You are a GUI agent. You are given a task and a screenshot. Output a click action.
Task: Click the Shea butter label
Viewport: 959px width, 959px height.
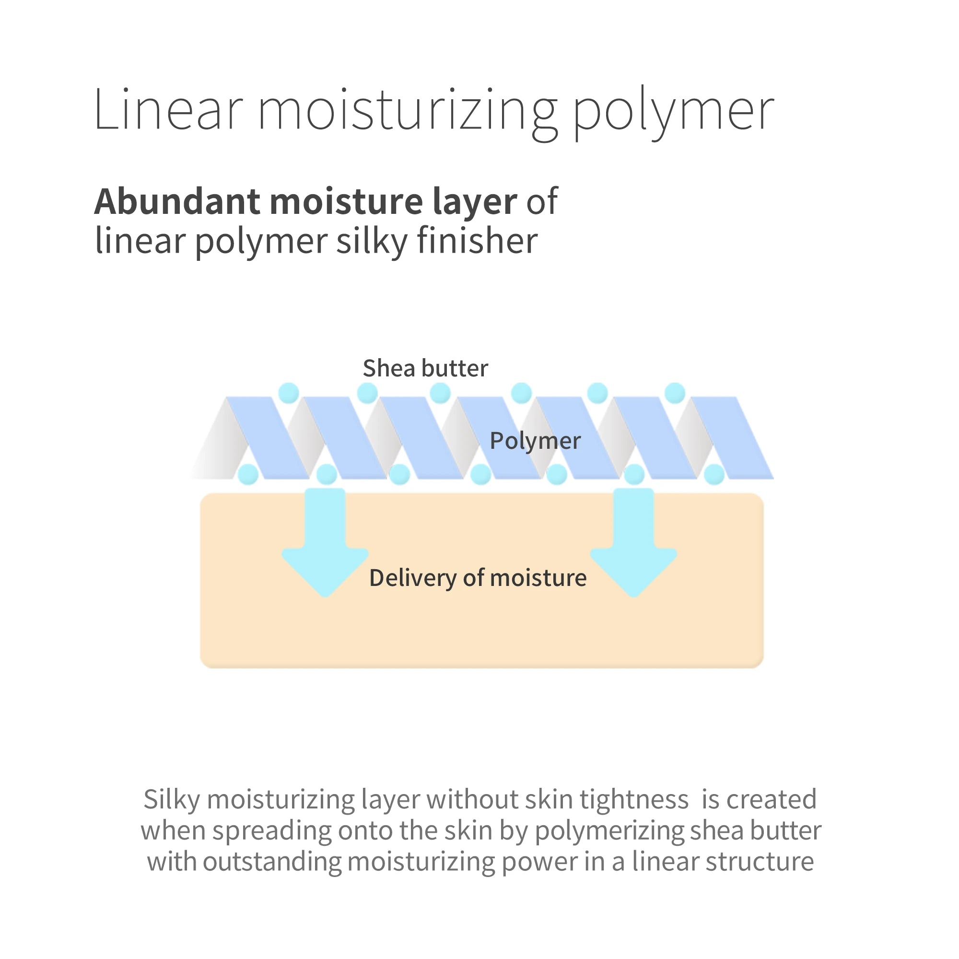(x=425, y=368)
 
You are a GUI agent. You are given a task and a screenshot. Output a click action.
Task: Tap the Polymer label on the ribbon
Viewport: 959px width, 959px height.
(x=535, y=441)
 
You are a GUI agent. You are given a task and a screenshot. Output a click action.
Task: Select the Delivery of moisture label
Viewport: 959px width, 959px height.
(x=478, y=578)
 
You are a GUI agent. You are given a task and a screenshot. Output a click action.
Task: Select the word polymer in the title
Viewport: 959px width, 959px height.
(x=674, y=114)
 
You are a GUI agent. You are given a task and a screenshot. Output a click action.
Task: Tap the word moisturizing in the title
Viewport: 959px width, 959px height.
(x=408, y=114)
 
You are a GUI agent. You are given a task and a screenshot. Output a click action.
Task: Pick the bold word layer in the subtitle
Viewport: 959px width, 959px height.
(x=475, y=203)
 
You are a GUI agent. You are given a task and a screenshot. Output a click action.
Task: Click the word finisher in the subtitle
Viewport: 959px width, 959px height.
(x=477, y=241)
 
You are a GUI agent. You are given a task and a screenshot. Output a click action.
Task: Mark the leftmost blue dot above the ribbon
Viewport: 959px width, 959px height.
(x=288, y=393)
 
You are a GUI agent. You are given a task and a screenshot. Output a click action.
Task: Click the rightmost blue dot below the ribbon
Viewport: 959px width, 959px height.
(x=714, y=475)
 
